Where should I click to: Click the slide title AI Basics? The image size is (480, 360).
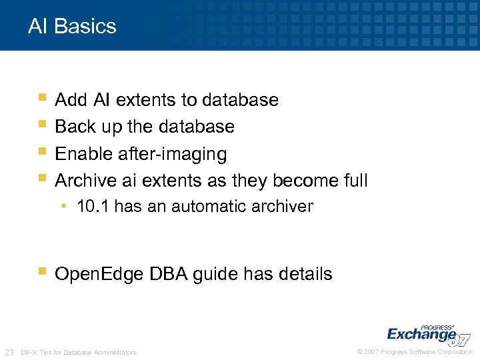tap(72, 27)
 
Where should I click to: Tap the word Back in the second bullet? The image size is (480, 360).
tap(75, 127)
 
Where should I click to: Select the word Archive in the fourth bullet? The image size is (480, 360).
tap(86, 181)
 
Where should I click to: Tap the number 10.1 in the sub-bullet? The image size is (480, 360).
tap(93, 207)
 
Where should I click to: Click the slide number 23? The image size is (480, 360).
tap(9, 352)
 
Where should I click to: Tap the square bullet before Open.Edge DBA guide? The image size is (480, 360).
tap(43, 271)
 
